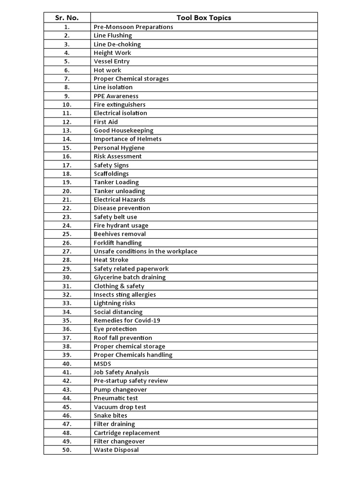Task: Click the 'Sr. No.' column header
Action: pos(67,18)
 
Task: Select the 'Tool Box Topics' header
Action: pos(203,18)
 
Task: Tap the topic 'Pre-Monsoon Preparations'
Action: pos(133,27)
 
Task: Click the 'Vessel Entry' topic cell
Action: pos(112,61)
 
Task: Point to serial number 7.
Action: pos(67,79)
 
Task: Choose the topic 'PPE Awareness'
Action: pos(116,96)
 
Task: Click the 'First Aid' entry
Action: pos(105,122)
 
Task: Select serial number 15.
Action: pos(67,148)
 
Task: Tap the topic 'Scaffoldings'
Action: pos(111,173)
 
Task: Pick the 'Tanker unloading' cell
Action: pos(119,191)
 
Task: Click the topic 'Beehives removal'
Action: pos(120,234)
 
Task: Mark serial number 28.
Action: pos(67,260)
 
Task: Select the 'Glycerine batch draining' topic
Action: pos(129,277)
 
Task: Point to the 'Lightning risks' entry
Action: pos(114,303)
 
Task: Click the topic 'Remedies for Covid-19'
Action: pos(127,321)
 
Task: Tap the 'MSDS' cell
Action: pos(102,364)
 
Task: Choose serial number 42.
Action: pos(67,381)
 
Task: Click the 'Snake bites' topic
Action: pos(110,415)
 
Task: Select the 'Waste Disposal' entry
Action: pos(116,450)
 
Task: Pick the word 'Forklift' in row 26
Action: pos(104,243)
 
